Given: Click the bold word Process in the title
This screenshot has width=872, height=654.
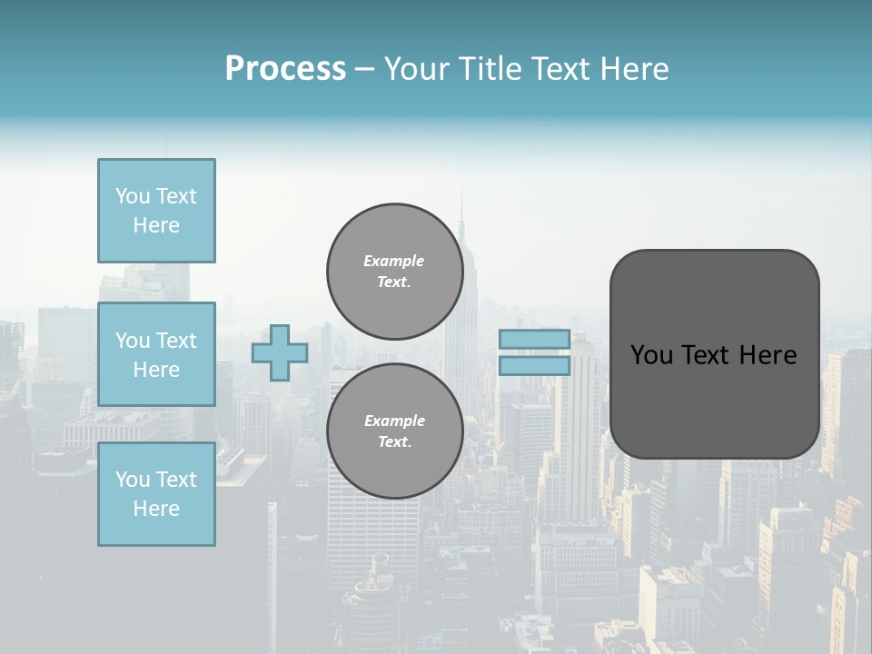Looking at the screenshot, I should coord(285,69).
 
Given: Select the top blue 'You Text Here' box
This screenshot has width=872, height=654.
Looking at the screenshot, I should coord(156,211).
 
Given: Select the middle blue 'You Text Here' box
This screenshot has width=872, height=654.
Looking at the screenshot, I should coord(156,354).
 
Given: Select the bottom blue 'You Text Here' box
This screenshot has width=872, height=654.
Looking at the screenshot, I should coord(156,494).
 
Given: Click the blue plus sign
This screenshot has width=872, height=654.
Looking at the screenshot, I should coord(280,352).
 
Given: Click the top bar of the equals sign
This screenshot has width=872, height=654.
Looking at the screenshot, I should coord(534,340).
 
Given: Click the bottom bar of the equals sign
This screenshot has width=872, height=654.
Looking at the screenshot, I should coord(534,365).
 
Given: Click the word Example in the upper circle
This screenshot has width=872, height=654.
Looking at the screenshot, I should coord(394,261).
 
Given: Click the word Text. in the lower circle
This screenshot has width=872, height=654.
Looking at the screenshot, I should coord(394,441).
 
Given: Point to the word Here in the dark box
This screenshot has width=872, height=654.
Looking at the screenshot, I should coord(768,355).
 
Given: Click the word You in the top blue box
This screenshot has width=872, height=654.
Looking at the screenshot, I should coord(132,196).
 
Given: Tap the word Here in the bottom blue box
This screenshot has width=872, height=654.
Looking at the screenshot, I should coord(156,509).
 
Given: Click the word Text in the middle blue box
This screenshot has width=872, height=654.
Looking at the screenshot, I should coord(175,341).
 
